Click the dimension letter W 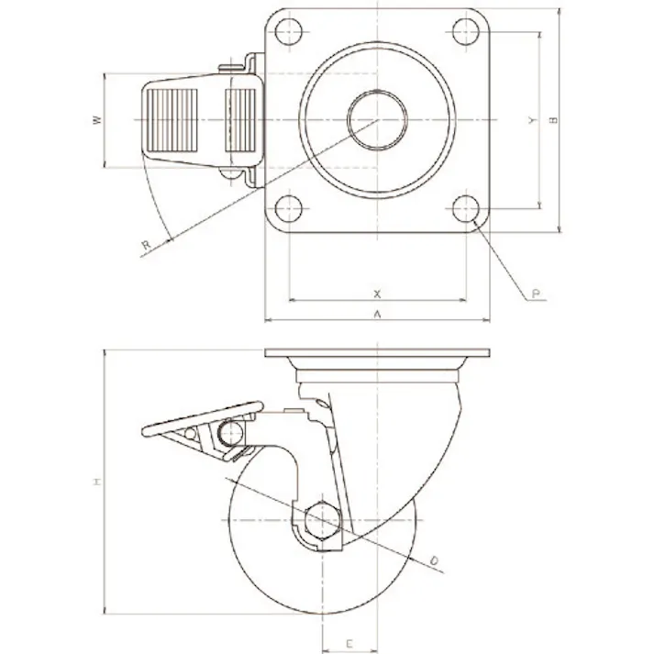pos(97,120)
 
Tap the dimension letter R pos(146,245)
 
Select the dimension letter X pos(377,294)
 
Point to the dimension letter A pos(377,314)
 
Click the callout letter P pos(536,294)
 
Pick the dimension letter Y pos(532,120)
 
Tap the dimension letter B pos(553,120)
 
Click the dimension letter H pos(96,482)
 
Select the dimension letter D pos(434,561)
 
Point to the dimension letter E pos(349,644)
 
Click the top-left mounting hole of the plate pos(289,32)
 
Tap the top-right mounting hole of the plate pos(466,32)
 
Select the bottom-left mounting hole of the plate pos(289,208)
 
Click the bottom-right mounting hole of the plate pos(466,208)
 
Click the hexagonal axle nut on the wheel pos(322,520)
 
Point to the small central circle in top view pos(377,120)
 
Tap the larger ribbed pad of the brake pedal pos(172,120)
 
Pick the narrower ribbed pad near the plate pos(240,120)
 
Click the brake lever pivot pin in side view pos(230,433)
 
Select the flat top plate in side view pos(377,353)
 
